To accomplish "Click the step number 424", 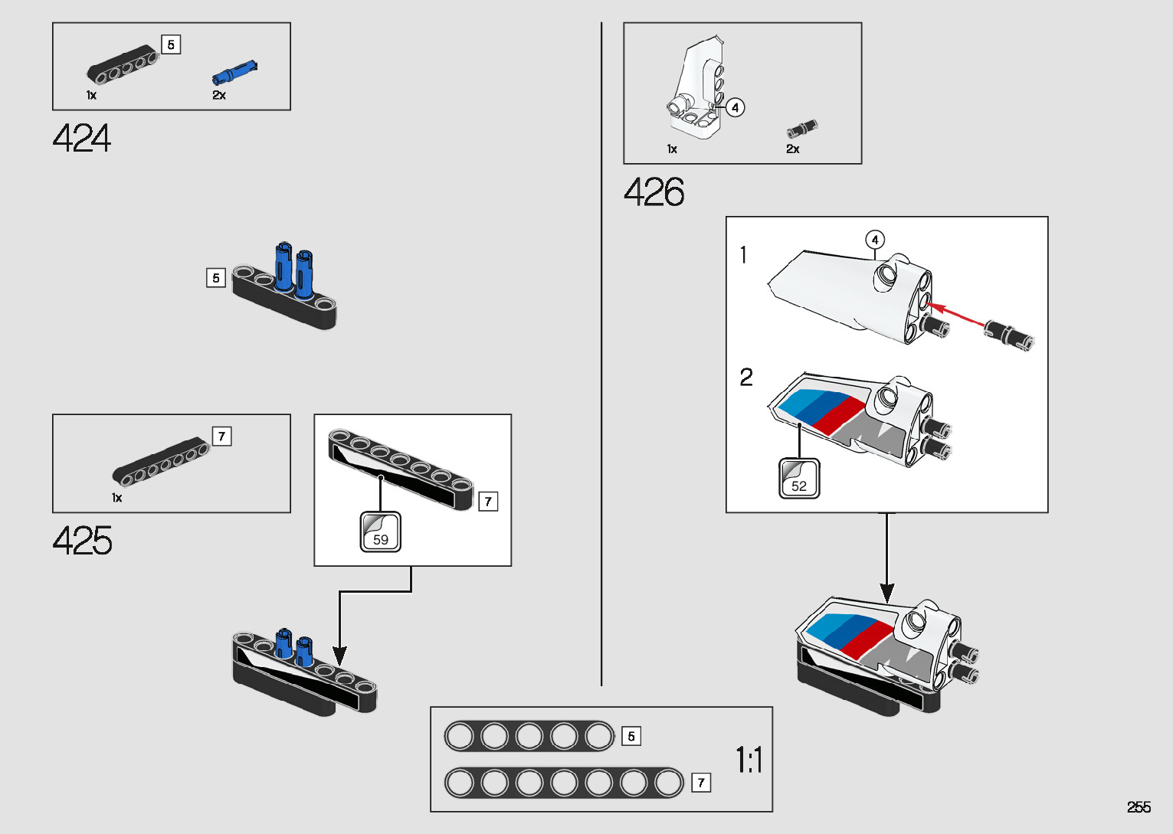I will click(x=82, y=139).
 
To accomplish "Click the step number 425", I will click(x=82, y=541).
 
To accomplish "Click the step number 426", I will click(x=654, y=191).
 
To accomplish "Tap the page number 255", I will click(x=1139, y=807).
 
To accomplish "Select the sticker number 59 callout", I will click(x=380, y=531).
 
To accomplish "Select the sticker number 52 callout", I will click(x=799, y=479).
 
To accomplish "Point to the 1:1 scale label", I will click(x=749, y=760).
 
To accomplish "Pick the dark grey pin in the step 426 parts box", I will click(x=801, y=129).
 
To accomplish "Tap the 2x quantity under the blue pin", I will click(x=219, y=95).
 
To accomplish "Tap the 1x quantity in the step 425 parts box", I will click(x=116, y=498).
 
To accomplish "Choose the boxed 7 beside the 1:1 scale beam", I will click(x=700, y=783).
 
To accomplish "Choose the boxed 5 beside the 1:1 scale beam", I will click(x=631, y=736).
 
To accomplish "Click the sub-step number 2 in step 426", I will click(x=746, y=377).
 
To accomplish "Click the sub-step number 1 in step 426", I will click(x=743, y=254).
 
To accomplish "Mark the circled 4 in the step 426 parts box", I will click(x=735, y=107).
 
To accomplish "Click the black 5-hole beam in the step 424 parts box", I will click(x=123, y=67).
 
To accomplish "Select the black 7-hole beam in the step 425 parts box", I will click(x=161, y=462).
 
